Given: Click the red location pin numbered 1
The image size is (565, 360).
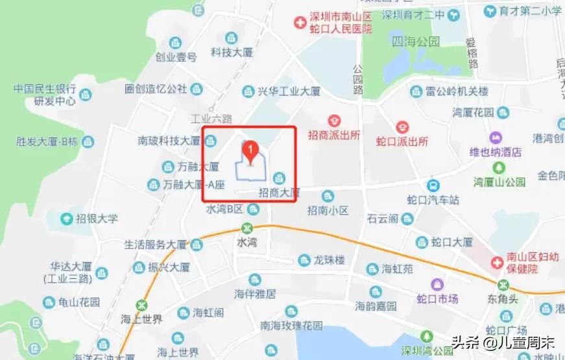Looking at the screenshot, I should click(x=250, y=151).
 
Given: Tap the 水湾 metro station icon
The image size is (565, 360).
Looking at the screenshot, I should click(x=246, y=228).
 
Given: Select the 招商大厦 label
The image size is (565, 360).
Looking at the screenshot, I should click(x=280, y=192).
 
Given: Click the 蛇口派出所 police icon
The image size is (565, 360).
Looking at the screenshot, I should click(x=402, y=126).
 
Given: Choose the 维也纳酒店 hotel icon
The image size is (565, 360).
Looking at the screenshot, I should click(x=497, y=138).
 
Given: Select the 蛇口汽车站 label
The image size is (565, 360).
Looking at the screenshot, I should click(x=433, y=200).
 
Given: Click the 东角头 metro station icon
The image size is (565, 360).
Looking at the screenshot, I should click(x=503, y=284).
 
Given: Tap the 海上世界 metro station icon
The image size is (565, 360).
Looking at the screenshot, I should click(x=141, y=305).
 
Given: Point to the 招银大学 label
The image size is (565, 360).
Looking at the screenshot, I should click(x=97, y=219).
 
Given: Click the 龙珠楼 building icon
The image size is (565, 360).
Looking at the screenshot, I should click(x=304, y=261).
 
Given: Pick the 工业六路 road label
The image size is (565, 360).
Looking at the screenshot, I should click(x=211, y=119).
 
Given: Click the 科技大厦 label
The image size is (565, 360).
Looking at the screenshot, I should click(x=231, y=52).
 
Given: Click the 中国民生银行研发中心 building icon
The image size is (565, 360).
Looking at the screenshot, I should click(x=86, y=94).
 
